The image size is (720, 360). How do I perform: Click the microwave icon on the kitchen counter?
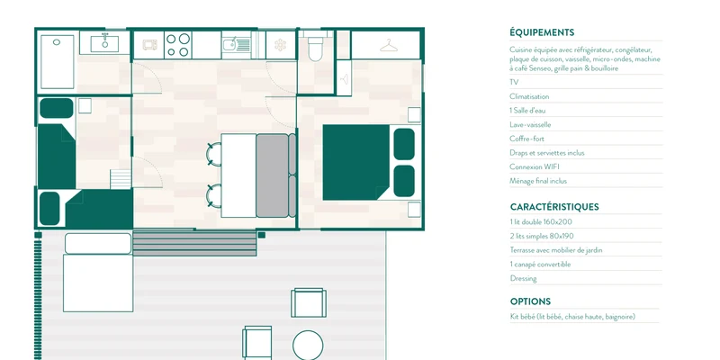pos(149,44)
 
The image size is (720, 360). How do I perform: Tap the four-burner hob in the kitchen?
pos(177,45)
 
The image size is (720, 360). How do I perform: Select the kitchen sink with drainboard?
pos(237,44)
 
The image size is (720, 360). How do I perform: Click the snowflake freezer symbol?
pos(280,45)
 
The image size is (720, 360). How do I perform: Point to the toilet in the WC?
pos(316,49)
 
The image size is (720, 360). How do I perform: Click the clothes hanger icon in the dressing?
pos(389,45)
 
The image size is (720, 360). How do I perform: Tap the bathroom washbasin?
pos(104,43)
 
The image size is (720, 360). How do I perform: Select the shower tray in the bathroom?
pos(57,61)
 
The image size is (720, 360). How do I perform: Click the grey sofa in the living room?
pos(275,175)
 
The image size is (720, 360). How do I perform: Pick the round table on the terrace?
pos(308,345)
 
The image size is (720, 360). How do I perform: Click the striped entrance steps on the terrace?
pos(194,243)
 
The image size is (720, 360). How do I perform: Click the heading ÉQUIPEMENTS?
pos(542,32)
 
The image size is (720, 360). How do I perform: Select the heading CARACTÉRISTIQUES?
pos(554,207)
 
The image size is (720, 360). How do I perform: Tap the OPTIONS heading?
pos(530,301)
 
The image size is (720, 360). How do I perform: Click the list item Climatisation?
pos(529,96)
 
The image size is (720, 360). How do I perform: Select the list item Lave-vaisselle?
pos(530,124)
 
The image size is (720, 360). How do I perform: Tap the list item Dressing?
pos(523,278)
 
